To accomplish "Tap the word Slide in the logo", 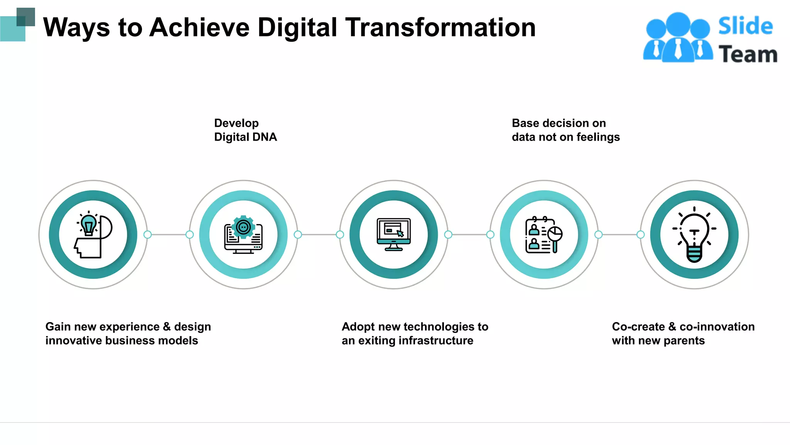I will [745, 26].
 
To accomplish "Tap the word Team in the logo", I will [748, 54].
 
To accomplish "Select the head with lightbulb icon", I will [93, 234].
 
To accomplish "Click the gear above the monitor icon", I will [243, 227].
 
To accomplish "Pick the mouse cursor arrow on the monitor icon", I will [400, 233].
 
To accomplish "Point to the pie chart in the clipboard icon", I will [555, 234].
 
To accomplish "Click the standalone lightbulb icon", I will [694, 234].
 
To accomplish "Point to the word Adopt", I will [358, 327].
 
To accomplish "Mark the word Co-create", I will [638, 327].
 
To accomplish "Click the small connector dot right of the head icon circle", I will [147, 234].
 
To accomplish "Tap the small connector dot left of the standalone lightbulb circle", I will [640, 234].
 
